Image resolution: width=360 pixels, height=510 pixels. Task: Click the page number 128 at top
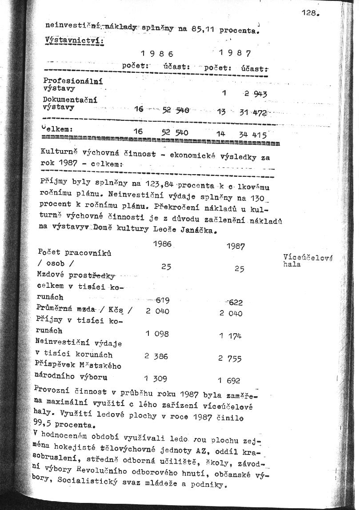click(x=310, y=13)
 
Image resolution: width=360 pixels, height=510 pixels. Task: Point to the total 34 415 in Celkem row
click(x=252, y=134)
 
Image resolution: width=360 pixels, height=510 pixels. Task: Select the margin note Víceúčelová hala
click(x=308, y=260)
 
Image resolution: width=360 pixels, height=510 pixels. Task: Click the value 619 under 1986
click(x=162, y=301)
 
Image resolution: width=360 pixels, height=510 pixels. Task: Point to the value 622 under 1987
click(x=235, y=303)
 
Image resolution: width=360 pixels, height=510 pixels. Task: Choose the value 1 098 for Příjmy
click(x=156, y=334)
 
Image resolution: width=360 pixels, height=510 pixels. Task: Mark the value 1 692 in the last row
click(x=229, y=380)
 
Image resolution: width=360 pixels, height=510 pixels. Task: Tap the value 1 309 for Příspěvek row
click(x=156, y=379)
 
